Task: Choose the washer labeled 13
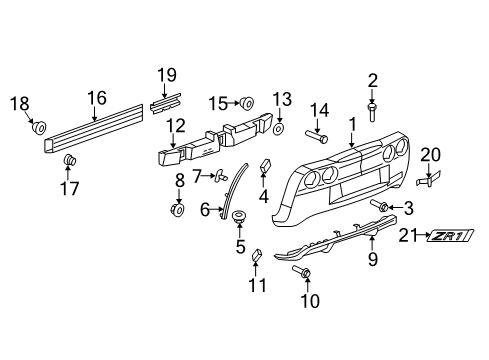278,130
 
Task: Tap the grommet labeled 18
39,128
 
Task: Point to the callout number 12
176,125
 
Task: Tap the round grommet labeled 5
240,217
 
